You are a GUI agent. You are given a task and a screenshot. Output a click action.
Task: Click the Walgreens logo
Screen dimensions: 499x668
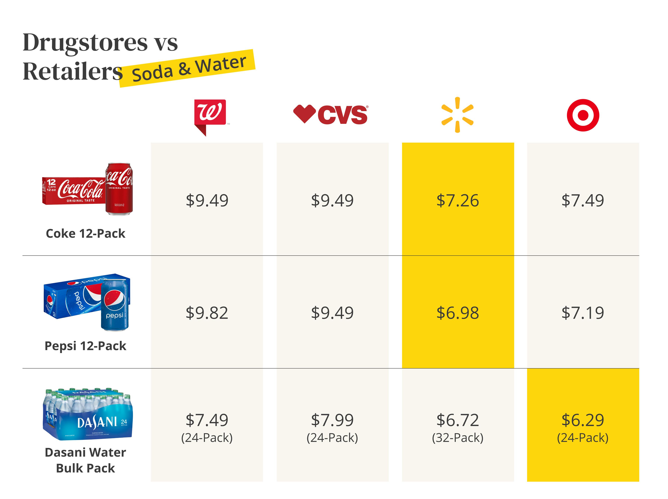[x=210, y=115]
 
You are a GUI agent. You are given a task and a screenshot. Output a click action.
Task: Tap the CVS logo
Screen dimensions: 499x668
[x=331, y=114]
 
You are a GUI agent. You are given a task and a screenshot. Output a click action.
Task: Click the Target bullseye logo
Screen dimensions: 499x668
[x=583, y=115]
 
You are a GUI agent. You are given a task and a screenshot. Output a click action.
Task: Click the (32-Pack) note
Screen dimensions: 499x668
[x=458, y=437]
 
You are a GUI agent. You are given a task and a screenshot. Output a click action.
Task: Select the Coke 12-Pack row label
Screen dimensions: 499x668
[x=85, y=233]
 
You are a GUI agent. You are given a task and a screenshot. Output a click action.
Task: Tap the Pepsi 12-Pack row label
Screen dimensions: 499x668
[x=85, y=346]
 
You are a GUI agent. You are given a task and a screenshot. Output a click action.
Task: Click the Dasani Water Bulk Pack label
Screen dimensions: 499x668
[x=85, y=460]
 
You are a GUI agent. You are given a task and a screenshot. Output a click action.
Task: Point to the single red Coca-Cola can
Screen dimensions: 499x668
[x=119, y=189]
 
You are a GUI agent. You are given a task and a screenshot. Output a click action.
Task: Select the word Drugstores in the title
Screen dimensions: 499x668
[x=85, y=42]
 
